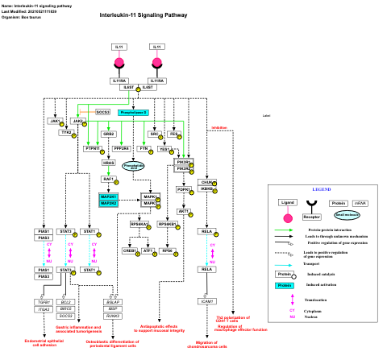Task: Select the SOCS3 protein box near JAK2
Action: tap(103, 112)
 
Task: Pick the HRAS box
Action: tap(109, 163)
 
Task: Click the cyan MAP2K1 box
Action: tap(108, 197)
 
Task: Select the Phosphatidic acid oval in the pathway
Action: tap(133, 167)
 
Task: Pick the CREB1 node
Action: tap(129, 251)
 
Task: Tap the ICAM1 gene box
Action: tap(207, 300)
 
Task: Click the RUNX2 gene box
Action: tap(114, 316)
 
